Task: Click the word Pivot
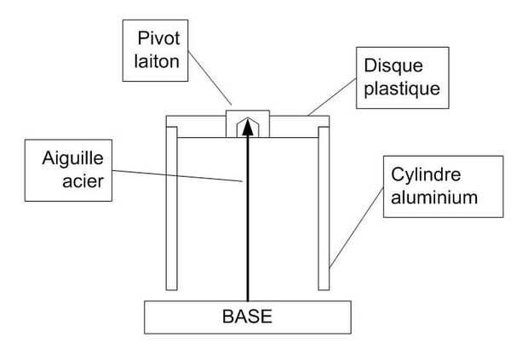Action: (x=158, y=38)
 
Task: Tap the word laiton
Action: (x=157, y=61)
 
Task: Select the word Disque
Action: (x=393, y=66)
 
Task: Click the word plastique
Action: (x=402, y=89)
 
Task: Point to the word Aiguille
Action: (x=72, y=158)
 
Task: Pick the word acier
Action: (x=83, y=181)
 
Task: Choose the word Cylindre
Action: (x=426, y=174)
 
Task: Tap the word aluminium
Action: (x=434, y=197)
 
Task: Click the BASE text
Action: (x=247, y=317)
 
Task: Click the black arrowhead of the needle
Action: (x=248, y=127)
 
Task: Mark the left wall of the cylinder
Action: (x=172, y=209)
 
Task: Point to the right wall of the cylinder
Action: (x=324, y=209)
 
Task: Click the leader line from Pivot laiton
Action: (x=209, y=78)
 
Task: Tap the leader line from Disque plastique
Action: (x=332, y=97)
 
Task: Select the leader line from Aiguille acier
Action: (x=177, y=176)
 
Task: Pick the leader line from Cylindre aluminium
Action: (x=356, y=228)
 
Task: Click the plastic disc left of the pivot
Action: (x=196, y=127)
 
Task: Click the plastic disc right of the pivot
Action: (x=299, y=127)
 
